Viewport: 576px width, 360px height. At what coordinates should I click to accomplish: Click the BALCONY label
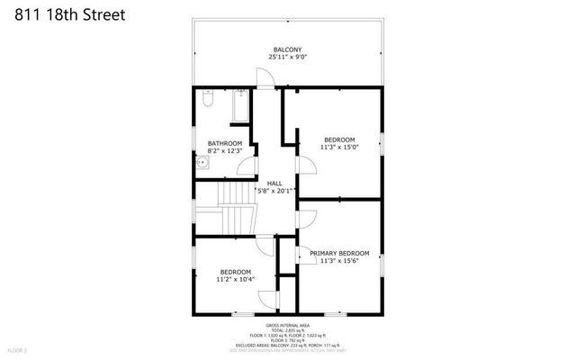(287, 49)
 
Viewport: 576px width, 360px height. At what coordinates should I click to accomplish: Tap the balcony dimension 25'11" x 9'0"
(287, 57)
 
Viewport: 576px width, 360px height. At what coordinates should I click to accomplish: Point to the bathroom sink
(204, 163)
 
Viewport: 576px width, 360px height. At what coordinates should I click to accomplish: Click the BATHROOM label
(224, 143)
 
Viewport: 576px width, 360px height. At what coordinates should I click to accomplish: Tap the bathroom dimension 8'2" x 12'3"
(224, 150)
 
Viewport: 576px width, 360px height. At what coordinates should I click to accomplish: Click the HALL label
(274, 183)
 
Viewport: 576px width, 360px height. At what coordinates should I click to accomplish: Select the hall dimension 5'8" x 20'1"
(274, 190)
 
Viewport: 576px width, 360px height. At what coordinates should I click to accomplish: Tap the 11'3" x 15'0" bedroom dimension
(339, 148)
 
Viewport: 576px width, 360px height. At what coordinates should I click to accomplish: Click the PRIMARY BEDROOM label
(339, 253)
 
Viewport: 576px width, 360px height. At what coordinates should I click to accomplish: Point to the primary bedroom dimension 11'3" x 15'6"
(339, 261)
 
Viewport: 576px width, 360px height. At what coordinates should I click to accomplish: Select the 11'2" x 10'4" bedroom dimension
(235, 279)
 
